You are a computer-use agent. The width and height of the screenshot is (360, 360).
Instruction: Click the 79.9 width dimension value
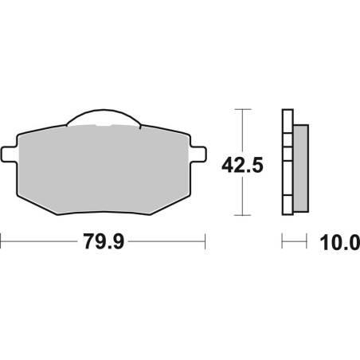coord(104,241)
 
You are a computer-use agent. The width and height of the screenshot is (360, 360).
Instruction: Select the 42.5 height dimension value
coord(242,165)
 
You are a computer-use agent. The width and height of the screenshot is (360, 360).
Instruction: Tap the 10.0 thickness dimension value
coord(340,243)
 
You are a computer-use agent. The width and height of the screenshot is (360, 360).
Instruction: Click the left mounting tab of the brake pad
coord(10,154)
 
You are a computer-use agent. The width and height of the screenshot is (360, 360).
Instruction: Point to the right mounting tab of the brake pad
coord(198,154)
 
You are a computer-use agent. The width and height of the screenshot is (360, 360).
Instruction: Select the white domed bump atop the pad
coord(104,117)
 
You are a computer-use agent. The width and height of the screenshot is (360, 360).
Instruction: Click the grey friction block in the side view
coord(301,168)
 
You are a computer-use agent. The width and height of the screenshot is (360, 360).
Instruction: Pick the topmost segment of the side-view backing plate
coord(288,121)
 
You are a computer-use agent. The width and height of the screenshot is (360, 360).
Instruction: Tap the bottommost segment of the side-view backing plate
coord(288,205)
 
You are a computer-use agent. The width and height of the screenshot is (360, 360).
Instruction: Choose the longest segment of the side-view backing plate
coord(288,178)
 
